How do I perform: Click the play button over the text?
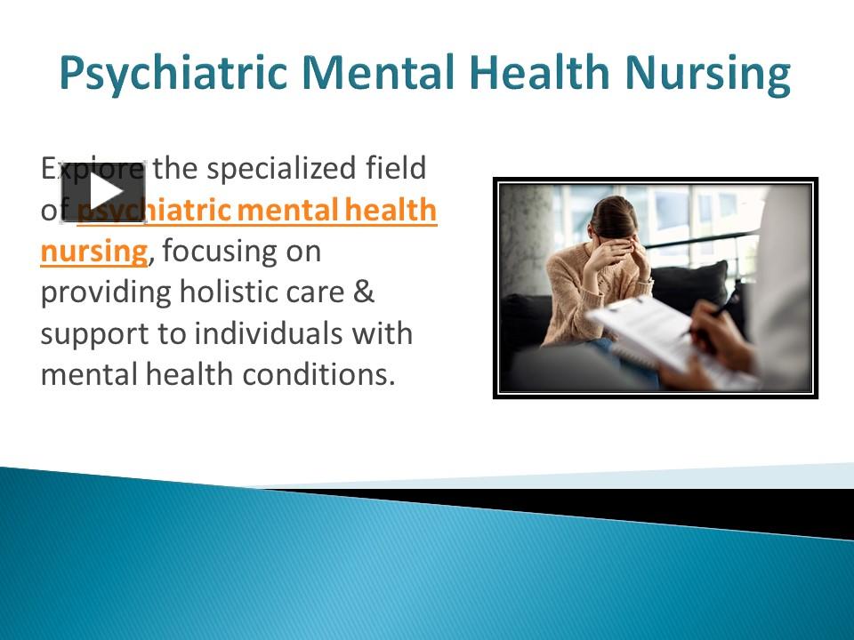pos(103,191)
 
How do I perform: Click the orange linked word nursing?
pos(93,252)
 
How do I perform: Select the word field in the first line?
pos(398,168)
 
